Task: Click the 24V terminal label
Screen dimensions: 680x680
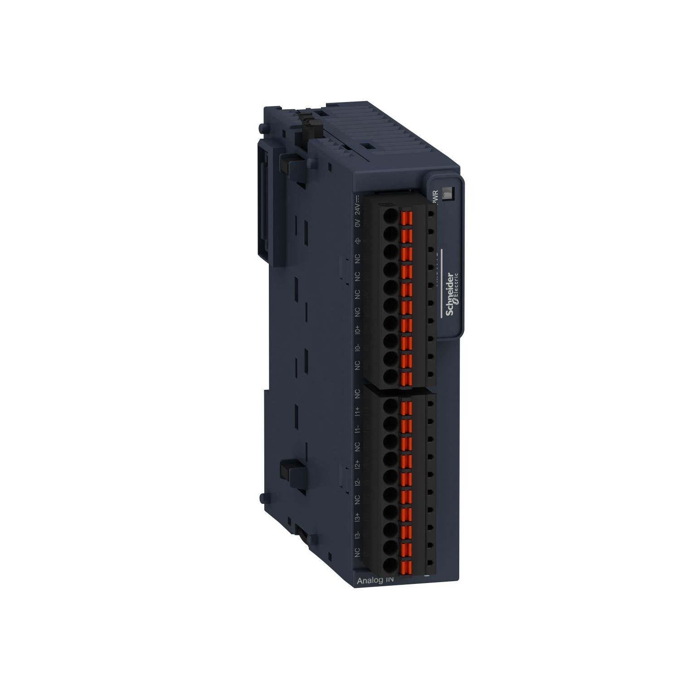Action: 357,206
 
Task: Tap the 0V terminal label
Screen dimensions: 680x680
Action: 357,223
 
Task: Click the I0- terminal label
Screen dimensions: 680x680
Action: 357,347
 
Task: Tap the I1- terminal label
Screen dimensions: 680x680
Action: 357,429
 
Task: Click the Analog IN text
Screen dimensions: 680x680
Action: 375,580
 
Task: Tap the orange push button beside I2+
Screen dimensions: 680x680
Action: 406,461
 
